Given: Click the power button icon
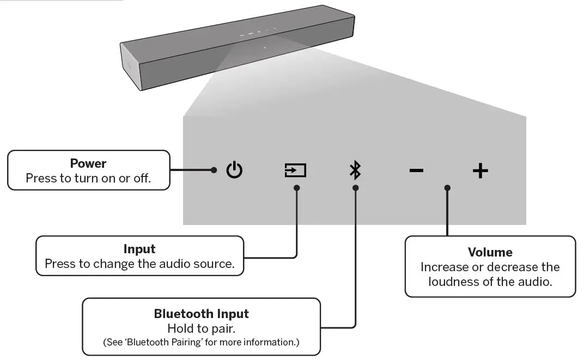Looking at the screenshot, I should pyautogui.click(x=234, y=170).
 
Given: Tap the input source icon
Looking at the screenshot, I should pyautogui.click(x=295, y=170).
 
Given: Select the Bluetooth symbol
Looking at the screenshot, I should pyautogui.click(x=355, y=170).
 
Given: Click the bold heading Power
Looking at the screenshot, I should pyautogui.click(x=88, y=163).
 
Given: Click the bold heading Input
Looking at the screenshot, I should pyautogui.click(x=139, y=249).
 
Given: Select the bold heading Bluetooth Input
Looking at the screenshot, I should pyautogui.click(x=201, y=314).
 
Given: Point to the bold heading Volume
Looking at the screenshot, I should pyautogui.click(x=490, y=253).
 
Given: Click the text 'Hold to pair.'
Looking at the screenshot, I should pyautogui.click(x=201, y=328).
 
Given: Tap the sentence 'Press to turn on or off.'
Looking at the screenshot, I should pyautogui.click(x=88, y=178).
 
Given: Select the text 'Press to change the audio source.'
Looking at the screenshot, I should pyautogui.click(x=139, y=264).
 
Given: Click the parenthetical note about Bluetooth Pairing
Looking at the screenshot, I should pyautogui.click(x=201, y=343).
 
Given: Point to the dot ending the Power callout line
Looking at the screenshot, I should pyautogui.click(x=214, y=170).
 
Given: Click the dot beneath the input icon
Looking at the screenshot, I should pyautogui.click(x=296, y=188).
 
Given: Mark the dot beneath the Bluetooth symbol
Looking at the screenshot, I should pyautogui.click(x=355, y=188).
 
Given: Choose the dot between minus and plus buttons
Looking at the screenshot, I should pyautogui.click(x=447, y=188).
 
